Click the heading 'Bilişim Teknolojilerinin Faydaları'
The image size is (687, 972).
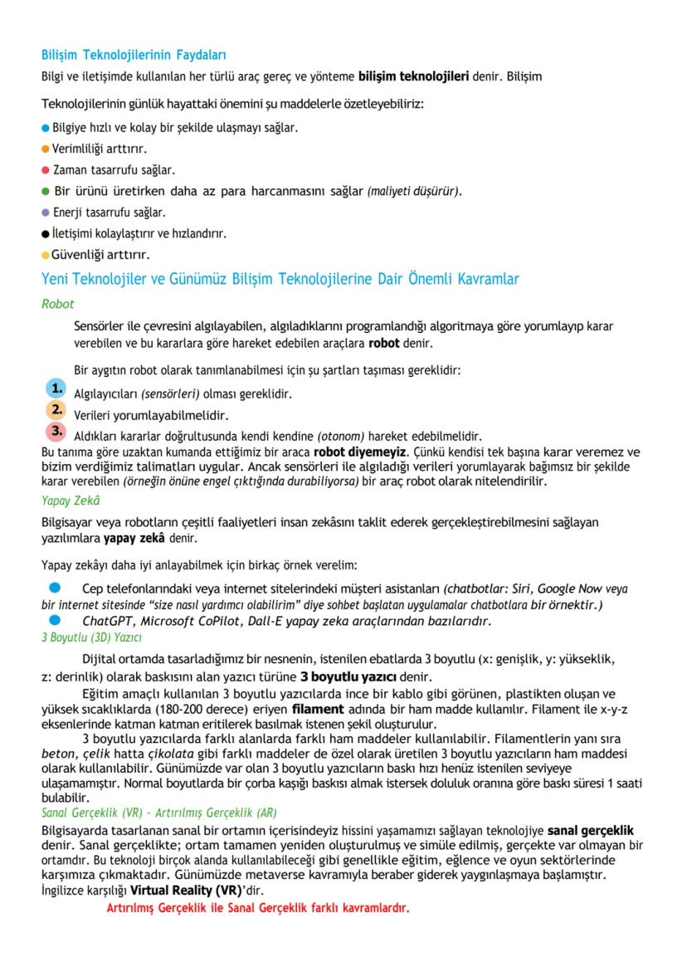[134, 56]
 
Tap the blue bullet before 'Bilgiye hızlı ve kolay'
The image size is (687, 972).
[46, 129]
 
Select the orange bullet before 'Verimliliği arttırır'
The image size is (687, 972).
[46, 149]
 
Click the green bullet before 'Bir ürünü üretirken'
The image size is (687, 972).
[46, 192]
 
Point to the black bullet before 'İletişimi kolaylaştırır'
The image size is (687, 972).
[46, 233]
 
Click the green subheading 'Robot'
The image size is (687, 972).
[58, 304]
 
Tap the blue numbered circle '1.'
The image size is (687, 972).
[56, 388]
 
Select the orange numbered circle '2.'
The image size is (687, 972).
[56, 410]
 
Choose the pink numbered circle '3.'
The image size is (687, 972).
[56, 432]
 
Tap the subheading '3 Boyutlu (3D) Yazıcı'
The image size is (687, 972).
[91, 637]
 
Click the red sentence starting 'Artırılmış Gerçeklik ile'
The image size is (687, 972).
[258, 907]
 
